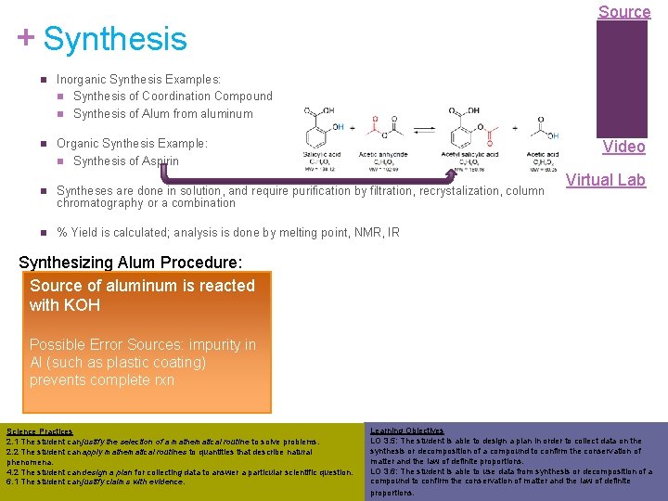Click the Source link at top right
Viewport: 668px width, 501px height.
coord(623,12)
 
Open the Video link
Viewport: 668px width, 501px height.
coord(623,147)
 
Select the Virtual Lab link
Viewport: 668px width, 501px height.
coord(605,180)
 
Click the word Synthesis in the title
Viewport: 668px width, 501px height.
coord(115,39)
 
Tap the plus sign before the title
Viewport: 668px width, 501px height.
coord(26,37)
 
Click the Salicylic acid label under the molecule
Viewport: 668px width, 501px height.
coord(322,154)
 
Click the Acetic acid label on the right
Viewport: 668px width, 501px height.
coord(542,154)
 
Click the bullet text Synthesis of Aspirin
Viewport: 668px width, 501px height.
coord(126,161)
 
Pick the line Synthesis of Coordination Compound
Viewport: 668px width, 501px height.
coord(173,96)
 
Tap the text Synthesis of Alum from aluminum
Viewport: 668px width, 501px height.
coord(162,113)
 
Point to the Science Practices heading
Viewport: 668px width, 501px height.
coord(39,431)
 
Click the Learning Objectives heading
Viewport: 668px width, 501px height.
coord(406,430)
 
